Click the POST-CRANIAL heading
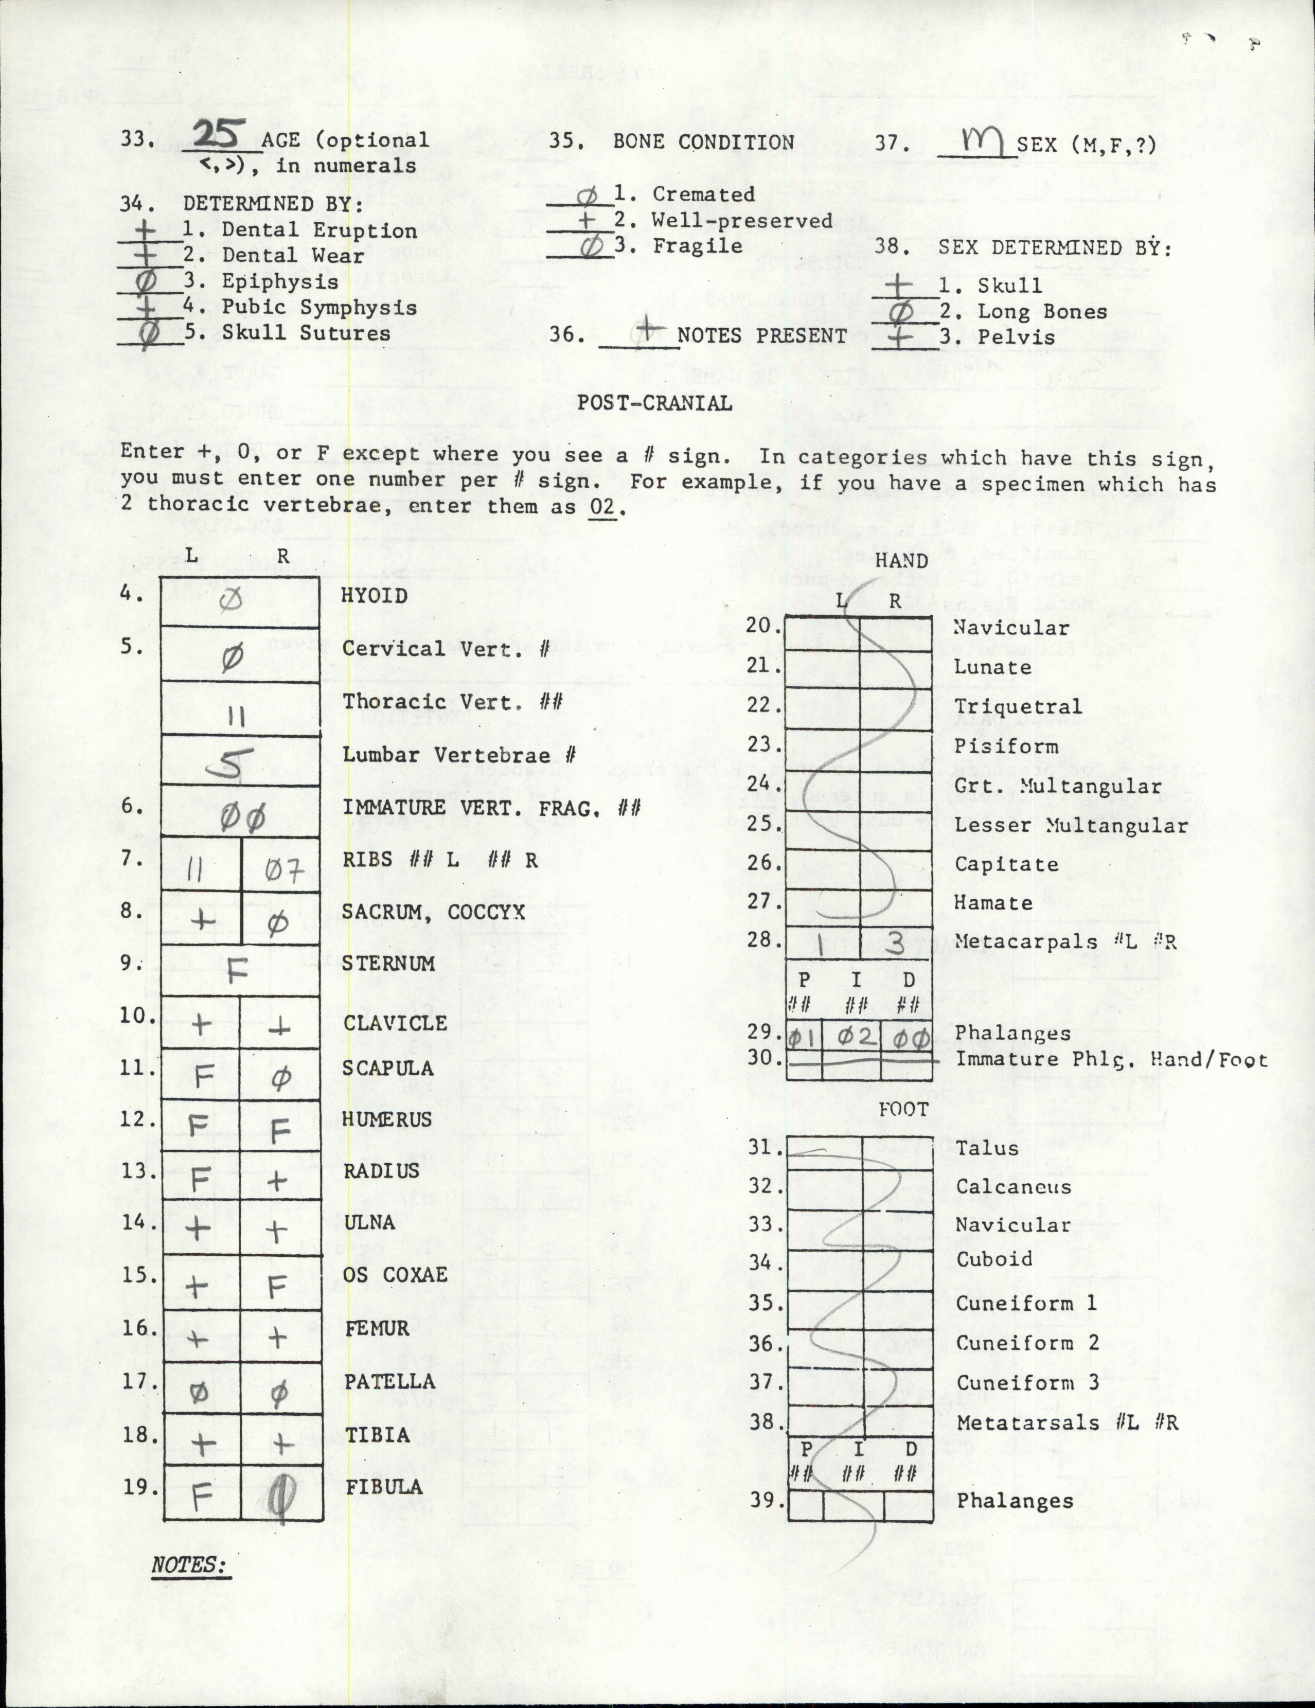(655, 403)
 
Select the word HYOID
(374, 596)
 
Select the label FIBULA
(384, 1487)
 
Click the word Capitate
(1006, 864)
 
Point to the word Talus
(987, 1148)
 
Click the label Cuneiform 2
(1027, 1343)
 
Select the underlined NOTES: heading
(188, 1565)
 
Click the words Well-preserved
(741, 221)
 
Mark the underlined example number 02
(602, 507)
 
